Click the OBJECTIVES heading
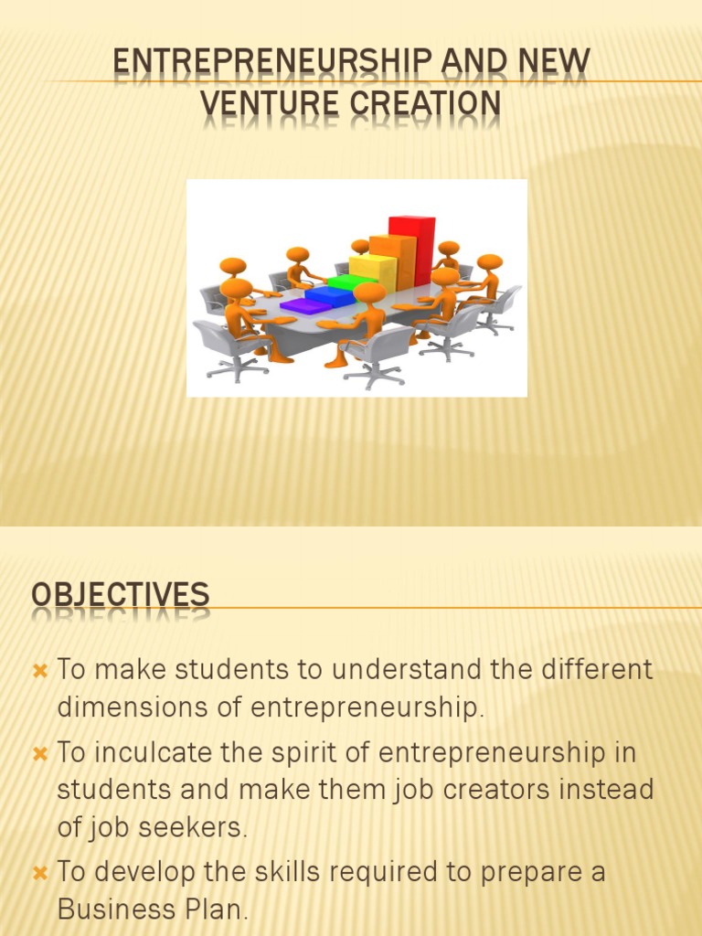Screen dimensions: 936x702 tap(121, 595)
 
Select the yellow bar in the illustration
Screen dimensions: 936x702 tap(372, 271)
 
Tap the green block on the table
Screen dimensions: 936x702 tap(353, 282)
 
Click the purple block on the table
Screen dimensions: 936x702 tap(305, 305)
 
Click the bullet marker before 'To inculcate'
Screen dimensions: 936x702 tap(39, 754)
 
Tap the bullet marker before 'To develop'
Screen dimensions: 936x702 tap(39, 873)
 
